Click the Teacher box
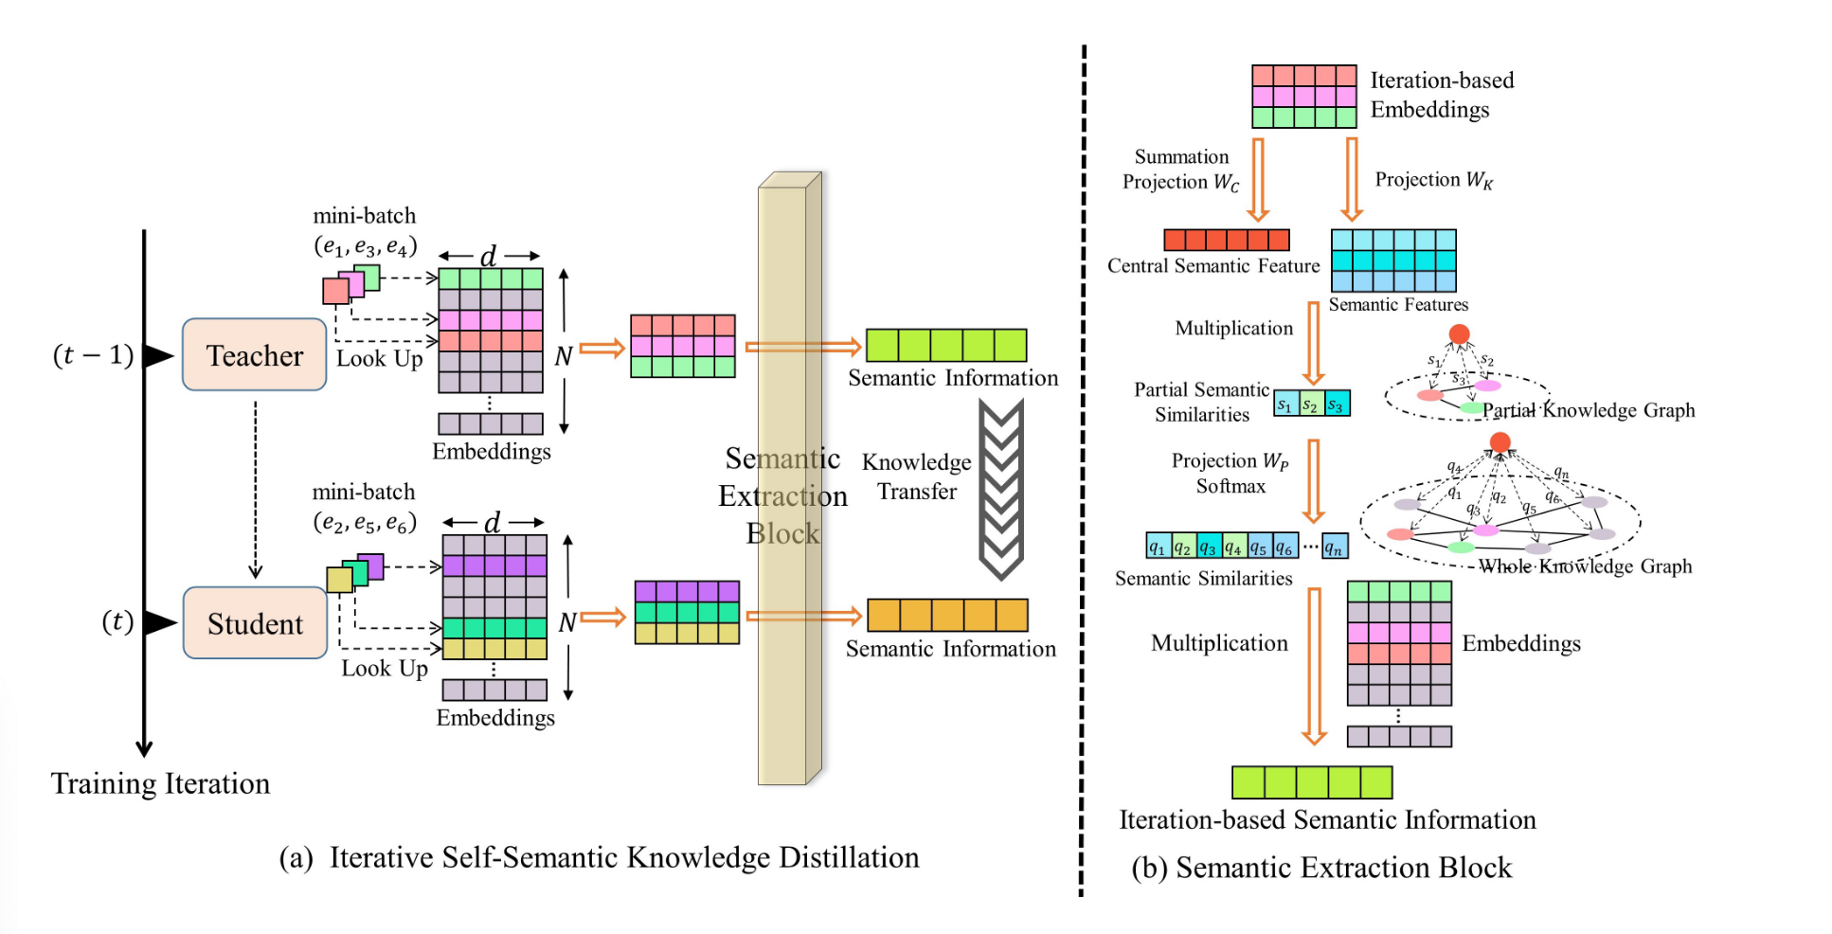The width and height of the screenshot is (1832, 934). click(x=254, y=355)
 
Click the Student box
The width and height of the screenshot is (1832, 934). click(x=255, y=623)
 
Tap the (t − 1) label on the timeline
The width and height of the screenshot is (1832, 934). click(x=93, y=355)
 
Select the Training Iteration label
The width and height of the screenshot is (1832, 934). click(x=160, y=783)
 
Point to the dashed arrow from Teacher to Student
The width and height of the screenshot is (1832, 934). click(x=255, y=488)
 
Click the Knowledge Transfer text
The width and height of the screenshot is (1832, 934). click(x=916, y=476)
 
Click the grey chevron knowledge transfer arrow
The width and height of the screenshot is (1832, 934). click(x=1000, y=488)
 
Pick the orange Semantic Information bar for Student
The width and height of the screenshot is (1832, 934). click(x=947, y=616)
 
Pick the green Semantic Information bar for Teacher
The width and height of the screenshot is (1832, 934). click(x=945, y=346)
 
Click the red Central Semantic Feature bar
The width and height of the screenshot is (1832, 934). click(x=1226, y=240)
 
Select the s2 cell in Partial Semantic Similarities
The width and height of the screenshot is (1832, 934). click(x=1311, y=404)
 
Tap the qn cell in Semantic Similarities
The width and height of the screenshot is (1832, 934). click(x=1335, y=547)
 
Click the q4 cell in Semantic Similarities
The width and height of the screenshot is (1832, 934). click(x=1233, y=547)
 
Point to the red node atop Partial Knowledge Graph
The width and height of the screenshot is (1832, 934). click(x=1459, y=334)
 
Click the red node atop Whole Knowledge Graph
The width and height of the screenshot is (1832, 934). click(x=1500, y=442)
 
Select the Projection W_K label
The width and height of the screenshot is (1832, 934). click(x=1433, y=180)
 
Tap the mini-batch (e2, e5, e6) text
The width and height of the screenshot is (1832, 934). click(x=365, y=507)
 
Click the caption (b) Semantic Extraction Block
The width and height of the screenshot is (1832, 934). click(x=1321, y=868)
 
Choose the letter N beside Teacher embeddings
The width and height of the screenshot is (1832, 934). click(x=563, y=356)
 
